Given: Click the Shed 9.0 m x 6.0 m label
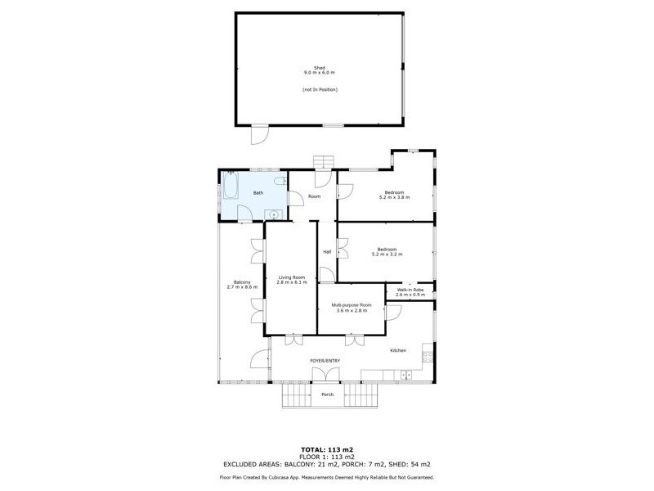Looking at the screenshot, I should point(320,71).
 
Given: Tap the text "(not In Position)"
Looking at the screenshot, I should point(320,89).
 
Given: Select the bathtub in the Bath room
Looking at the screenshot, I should point(230,187).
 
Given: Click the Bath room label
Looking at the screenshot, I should point(258,193).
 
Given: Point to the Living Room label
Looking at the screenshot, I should point(292,280).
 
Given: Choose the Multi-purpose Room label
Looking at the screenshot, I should point(352,308).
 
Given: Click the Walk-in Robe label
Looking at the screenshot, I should point(410,291).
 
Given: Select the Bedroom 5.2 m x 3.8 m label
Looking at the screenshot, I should point(394,195).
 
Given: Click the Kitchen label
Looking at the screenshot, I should point(398,350).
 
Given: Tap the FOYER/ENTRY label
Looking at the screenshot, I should point(325,361).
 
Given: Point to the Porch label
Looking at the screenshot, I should point(327,394).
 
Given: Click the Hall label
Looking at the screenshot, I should point(327,251).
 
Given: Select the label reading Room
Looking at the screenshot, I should point(314,196).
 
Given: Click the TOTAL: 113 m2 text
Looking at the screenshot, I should point(327,450).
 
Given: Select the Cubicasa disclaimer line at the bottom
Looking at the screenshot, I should point(327,477).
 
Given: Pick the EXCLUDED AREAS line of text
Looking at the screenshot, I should point(327,465).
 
